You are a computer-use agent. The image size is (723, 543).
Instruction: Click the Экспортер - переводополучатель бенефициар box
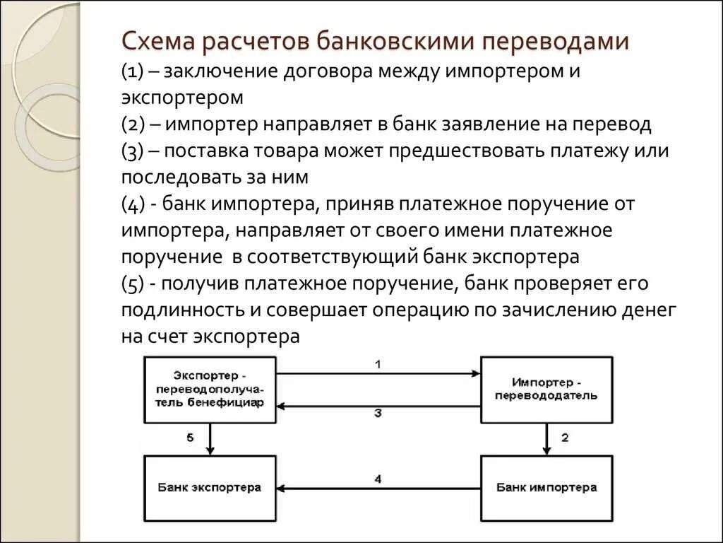tap(210, 390)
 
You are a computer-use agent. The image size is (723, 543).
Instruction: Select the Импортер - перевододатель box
tap(546, 390)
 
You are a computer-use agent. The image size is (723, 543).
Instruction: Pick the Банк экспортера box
tap(210, 488)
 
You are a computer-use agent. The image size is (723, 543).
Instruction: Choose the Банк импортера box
tap(546, 488)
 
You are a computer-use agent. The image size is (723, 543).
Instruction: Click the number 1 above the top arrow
tap(378, 365)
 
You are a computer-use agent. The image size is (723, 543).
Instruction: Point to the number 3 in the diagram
tap(378, 414)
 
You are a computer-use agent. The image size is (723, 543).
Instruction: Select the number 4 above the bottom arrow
tap(378, 479)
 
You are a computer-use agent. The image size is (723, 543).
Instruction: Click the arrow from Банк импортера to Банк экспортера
tap(378, 489)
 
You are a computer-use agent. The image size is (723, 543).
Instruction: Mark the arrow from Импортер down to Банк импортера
tap(546, 439)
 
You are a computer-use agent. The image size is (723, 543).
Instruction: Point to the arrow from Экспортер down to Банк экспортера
tap(210, 439)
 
